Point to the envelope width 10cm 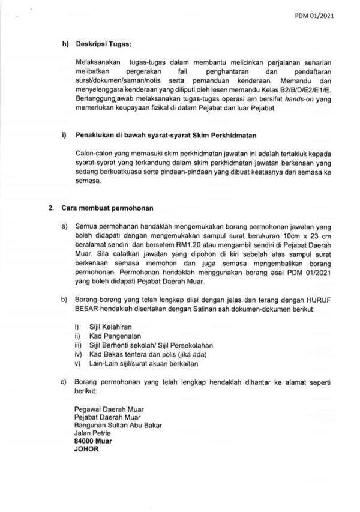click(278, 237)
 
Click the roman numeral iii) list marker click(77, 346)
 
